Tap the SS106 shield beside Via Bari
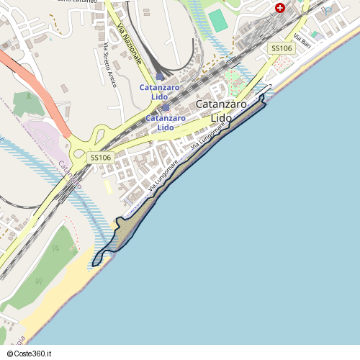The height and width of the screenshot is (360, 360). [x=281, y=48]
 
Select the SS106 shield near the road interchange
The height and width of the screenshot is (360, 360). [x=101, y=157]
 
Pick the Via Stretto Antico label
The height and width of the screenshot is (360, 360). [x=109, y=65]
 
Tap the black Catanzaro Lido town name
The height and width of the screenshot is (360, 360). [x=222, y=111]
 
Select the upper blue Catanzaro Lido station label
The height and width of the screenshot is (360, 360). [x=160, y=92]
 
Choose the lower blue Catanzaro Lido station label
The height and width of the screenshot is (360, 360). [x=166, y=122]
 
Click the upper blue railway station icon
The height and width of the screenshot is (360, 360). [x=160, y=76]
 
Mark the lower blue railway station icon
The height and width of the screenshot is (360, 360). [x=166, y=107]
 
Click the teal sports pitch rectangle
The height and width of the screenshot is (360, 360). [x=219, y=20]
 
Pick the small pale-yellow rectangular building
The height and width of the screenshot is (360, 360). [x=108, y=186]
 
